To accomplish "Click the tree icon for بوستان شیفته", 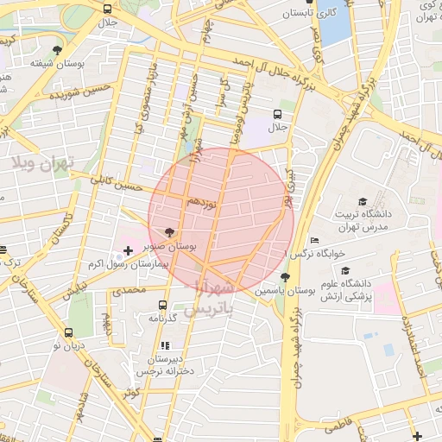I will pyautogui.click(x=57, y=50).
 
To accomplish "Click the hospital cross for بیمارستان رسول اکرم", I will pyautogui.click(x=129, y=250).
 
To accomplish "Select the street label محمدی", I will pyautogui.click(x=126, y=291).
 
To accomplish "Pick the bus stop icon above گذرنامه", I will pyautogui.click(x=162, y=305).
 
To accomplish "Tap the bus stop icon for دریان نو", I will pyautogui.click(x=68, y=332).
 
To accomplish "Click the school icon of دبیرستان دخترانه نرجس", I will pyautogui.click(x=166, y=345).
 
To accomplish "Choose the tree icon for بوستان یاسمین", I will pyautogui.click(x=286, y=277).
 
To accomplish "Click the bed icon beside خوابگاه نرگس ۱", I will pyautogui.click(x=315, y=240).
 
